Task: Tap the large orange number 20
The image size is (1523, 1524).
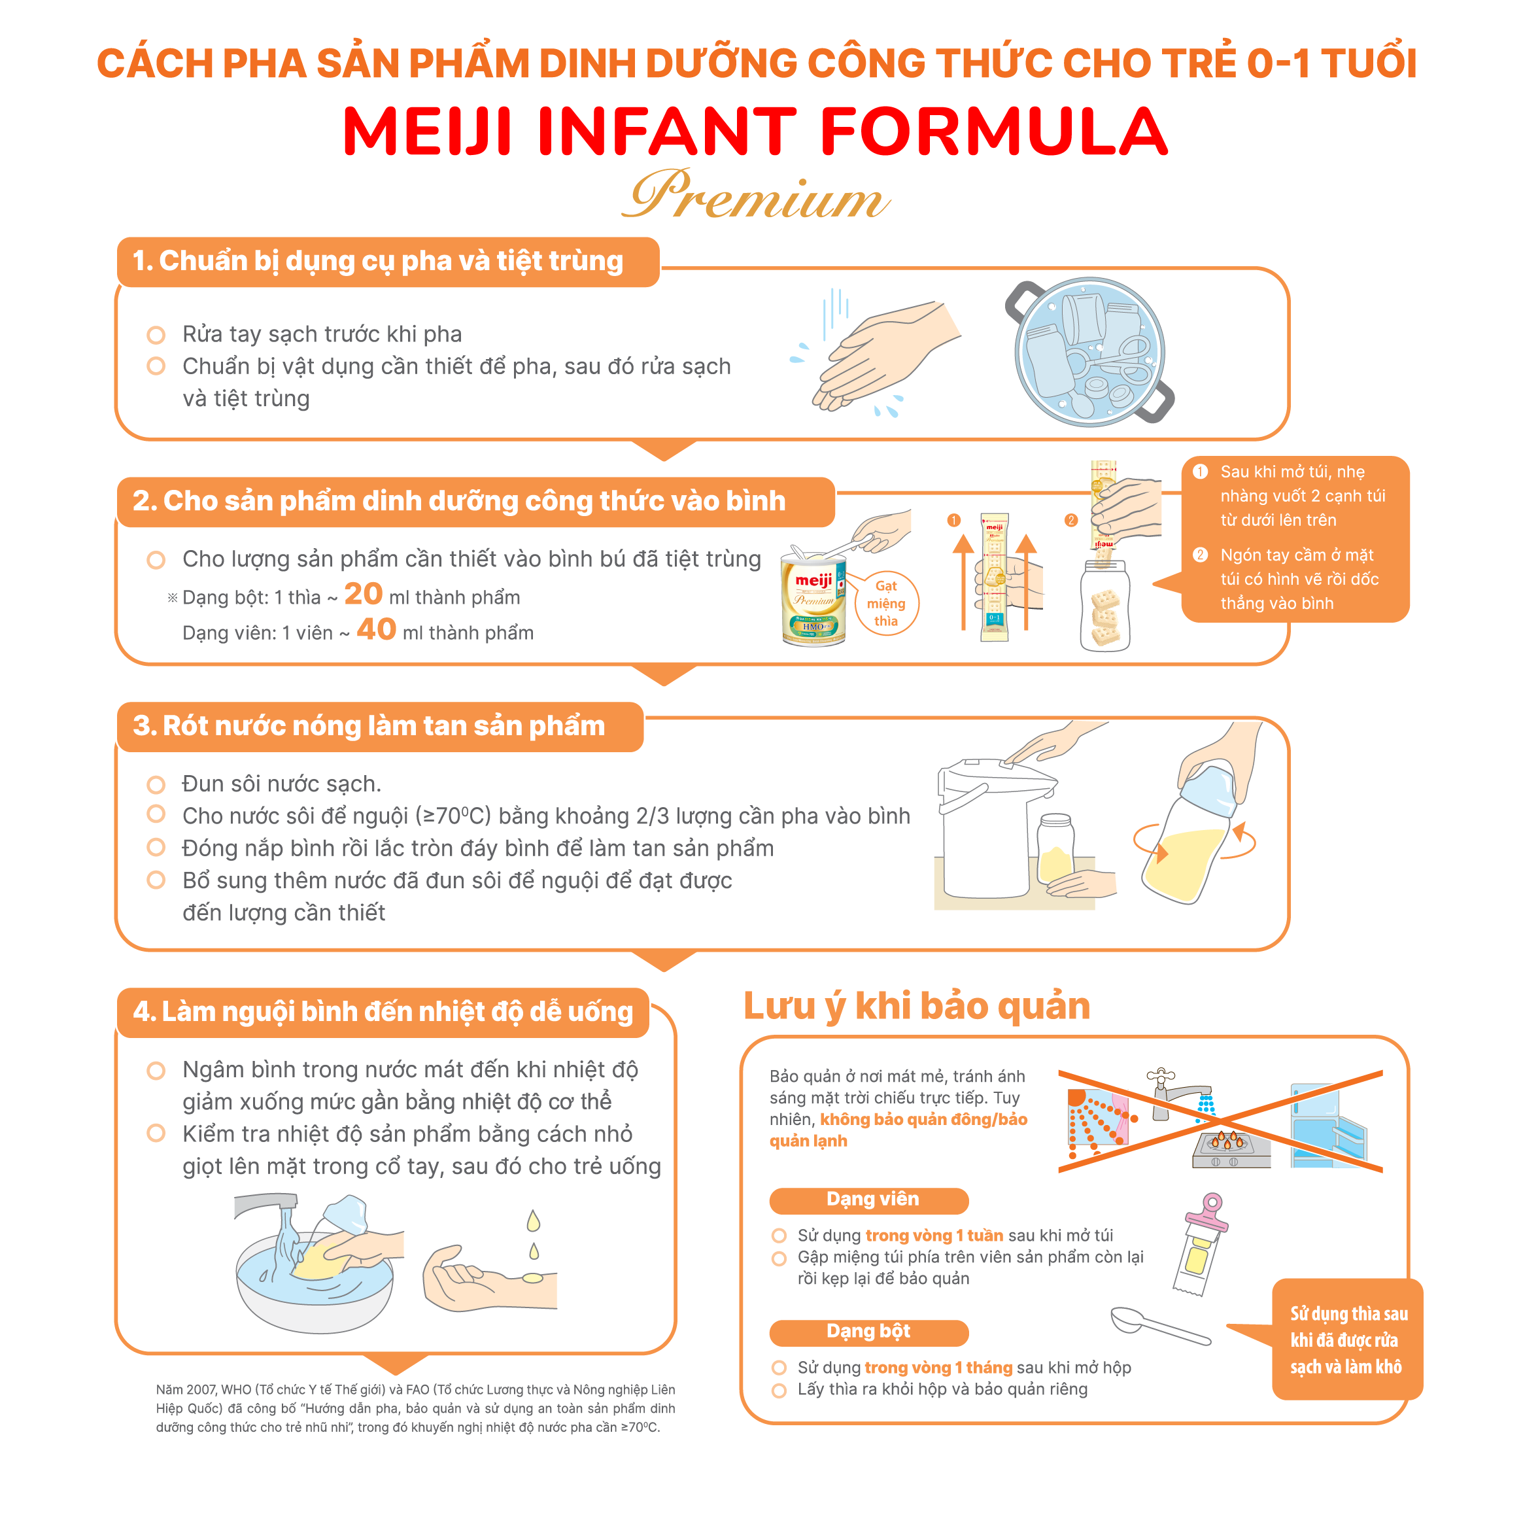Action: click(363, 593)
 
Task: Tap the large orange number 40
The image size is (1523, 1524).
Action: click(376, 629)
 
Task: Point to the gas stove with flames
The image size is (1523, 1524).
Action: click(1231, 1149)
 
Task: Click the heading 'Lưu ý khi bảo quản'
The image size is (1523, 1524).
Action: click(917, 1006)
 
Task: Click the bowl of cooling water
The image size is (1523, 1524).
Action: click(315, 1283)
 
